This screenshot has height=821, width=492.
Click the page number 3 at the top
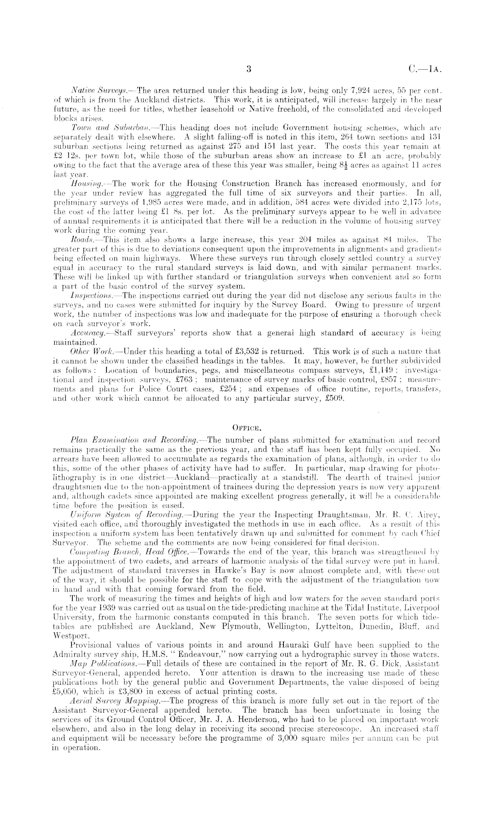click(249, 68)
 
